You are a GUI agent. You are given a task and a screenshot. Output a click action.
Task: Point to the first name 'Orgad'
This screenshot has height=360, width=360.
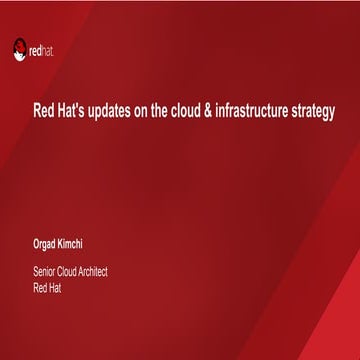coord(45,243)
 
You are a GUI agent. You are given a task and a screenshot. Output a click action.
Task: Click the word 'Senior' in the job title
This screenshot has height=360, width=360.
coord(46,272)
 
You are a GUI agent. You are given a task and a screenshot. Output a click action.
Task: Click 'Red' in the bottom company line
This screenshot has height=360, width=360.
coord(41,285)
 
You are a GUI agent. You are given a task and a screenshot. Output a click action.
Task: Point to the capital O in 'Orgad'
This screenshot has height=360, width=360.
coord(37,243)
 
